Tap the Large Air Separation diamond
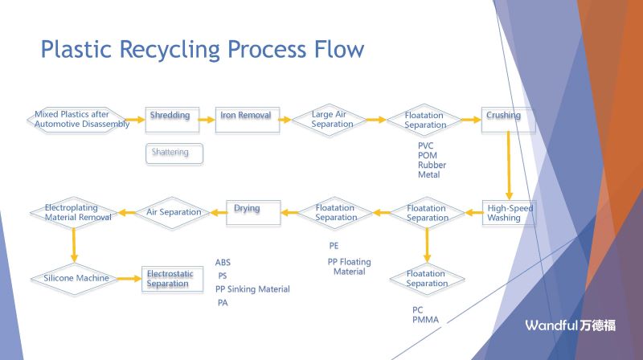point(332,120)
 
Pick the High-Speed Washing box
point(508,213)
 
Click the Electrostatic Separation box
point(170,279)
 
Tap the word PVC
point(425,145)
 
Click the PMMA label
point(424,320)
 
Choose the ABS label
point(223,263)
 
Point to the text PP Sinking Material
point(252,289)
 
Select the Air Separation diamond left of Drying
point(173,212)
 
